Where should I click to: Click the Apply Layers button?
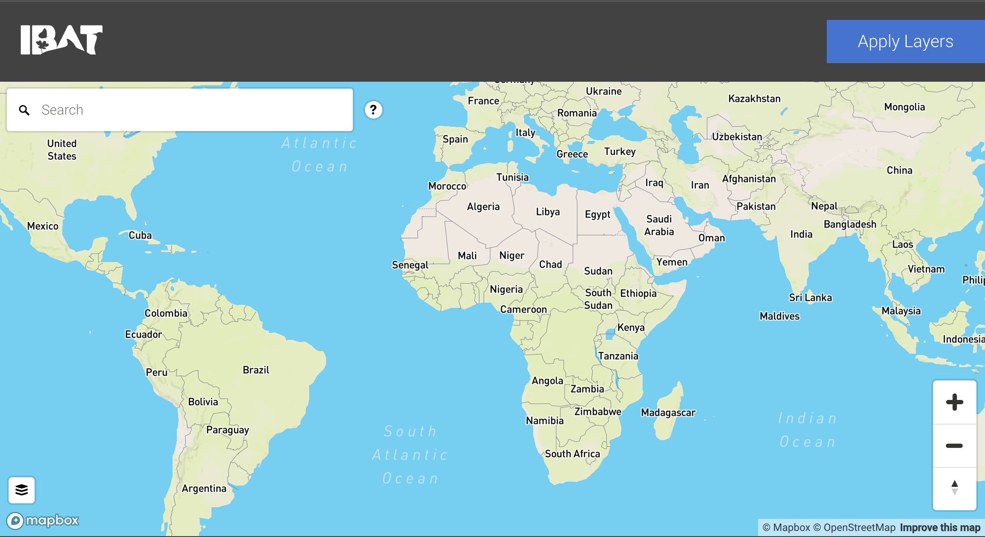[905, 42]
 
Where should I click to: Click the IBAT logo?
[61, 40]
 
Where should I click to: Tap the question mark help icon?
[373, 110]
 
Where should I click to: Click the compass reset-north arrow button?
[954, 488]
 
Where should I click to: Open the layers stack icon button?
[22, 490]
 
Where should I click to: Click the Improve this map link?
[940, 527]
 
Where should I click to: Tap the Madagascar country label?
[668, 412]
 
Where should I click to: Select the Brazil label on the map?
[256, 370]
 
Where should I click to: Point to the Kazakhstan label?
[755, 99]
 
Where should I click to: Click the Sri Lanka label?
[810, 297]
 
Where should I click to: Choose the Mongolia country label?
[905, 107]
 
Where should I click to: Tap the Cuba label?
[141, 235]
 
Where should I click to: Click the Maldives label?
[780, 316]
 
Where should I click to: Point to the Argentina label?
[204, 489]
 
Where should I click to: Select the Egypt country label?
[598, 214]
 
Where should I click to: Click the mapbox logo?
[43, 520]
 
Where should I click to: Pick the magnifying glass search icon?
[24, 110]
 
